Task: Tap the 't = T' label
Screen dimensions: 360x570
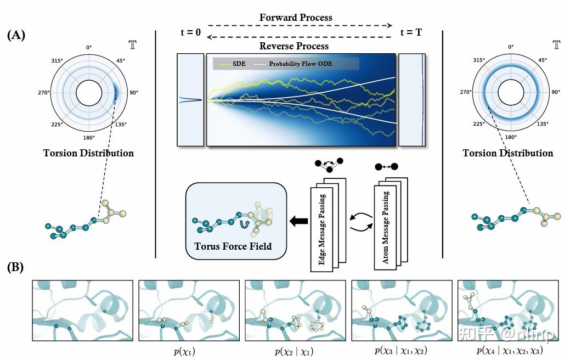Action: [x=411, y=32]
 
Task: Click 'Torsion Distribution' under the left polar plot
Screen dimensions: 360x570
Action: [x=88, y=153]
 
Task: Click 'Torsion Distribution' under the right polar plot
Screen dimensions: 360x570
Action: [x=508, y=153]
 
